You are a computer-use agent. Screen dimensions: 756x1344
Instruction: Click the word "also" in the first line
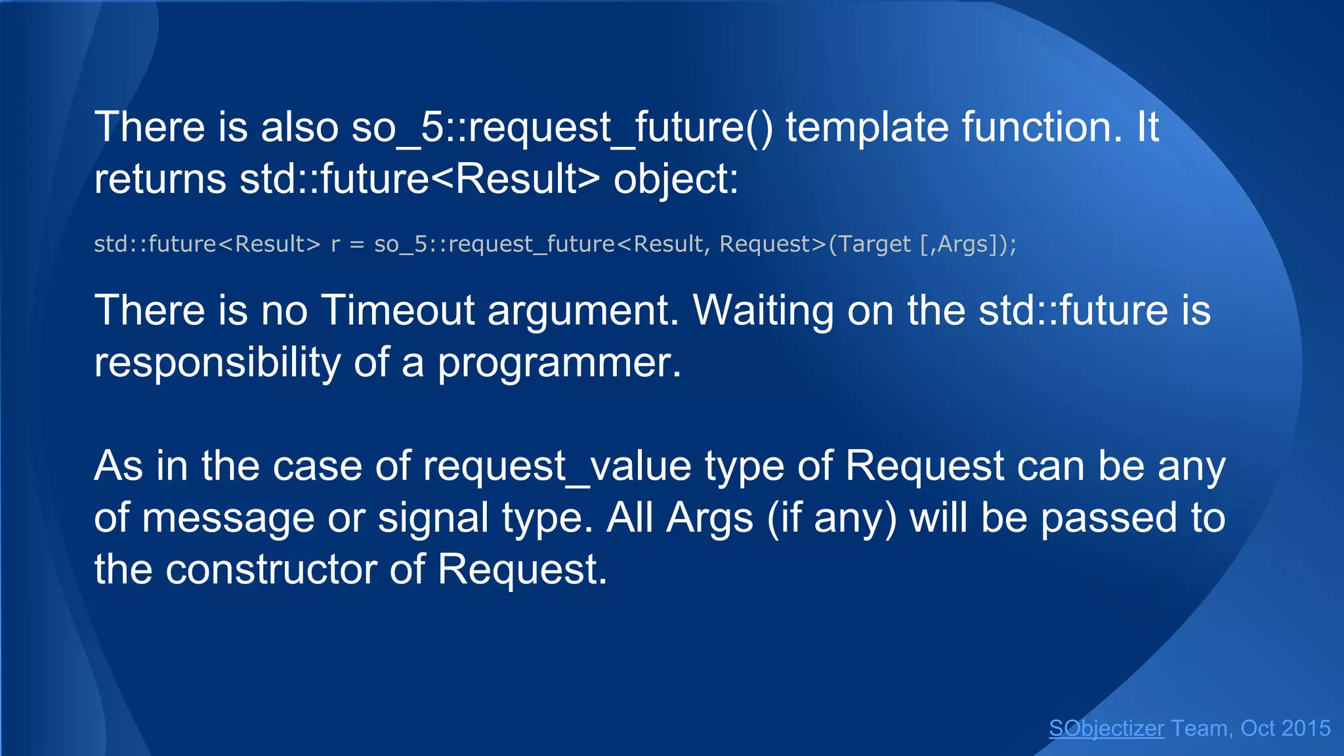click(299, 127)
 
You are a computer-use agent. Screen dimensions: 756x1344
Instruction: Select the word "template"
click(867, 127)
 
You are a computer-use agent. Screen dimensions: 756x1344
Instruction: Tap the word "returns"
click(160, 179)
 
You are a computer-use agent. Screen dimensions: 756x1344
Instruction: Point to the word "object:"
click(676, 179)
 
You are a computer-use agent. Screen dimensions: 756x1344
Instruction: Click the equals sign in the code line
click(357, 244)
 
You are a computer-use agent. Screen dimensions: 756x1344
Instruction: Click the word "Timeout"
click(398, 310)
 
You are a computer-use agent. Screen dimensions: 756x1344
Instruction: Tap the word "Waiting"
click(763, 310)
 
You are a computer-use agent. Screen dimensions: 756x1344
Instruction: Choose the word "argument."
click(583, 310)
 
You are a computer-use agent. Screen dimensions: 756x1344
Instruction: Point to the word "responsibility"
click(217, 362)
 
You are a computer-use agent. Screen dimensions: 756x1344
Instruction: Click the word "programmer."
click(560, 362)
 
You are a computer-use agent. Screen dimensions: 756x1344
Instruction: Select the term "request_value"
click(557, 467)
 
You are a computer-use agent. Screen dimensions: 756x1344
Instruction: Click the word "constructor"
click(271, 569)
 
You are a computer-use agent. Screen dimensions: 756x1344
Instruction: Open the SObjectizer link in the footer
click(1106, 728)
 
